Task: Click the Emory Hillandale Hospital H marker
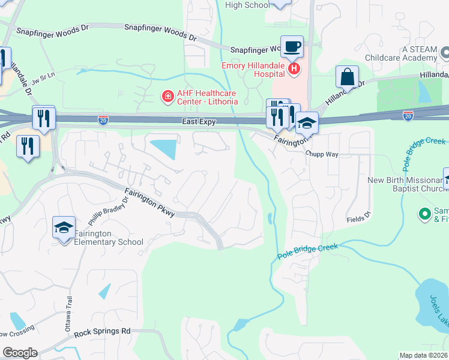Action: click(294, 69)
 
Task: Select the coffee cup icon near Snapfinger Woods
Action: click(292, 46)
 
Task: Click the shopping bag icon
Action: click(347, 76)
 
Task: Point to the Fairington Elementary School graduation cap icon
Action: click(64, 227)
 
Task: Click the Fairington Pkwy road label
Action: click(150, 203)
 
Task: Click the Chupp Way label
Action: click(322, 154)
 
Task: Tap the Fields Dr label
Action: click(359, 220)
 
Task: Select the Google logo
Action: click(19, 353)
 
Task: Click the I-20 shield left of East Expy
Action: click(104, 120)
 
